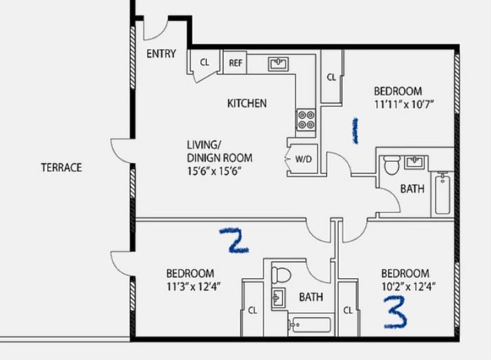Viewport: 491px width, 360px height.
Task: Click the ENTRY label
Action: tap(161, 54)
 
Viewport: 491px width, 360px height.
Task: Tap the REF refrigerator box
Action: tap(235, 63)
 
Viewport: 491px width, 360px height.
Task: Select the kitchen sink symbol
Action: tap(278, 64)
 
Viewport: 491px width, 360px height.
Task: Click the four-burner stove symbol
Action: tap(306, 119)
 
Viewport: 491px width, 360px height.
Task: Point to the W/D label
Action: tap(303, 159)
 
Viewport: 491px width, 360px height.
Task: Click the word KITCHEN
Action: tap(247, 103)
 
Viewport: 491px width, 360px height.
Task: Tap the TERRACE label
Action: tap(61, 168)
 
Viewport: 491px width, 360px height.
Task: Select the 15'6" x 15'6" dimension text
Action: tap(214, 171)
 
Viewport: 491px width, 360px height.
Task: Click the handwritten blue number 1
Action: tap(355, 131)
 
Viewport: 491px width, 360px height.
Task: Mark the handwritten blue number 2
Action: tap(234, 240)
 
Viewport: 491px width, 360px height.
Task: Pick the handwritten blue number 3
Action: tap(395, 313)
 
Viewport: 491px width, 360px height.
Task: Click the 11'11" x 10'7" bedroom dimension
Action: tap(404, 104)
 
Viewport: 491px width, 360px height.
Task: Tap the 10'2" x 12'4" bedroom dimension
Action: tap(409, 286)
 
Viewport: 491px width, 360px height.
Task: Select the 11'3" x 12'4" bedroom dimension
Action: tap(193, 286)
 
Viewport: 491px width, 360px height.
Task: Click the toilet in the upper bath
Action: tap(392, 165)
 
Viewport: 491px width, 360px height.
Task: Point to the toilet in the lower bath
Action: tap(281, 275)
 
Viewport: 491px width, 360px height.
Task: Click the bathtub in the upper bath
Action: tap(442, 193)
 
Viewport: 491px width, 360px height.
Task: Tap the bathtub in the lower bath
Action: tap(310, 325)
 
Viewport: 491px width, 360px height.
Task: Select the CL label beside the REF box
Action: tap(204, 62)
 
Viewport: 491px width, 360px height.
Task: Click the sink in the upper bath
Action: tap(415, 163)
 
